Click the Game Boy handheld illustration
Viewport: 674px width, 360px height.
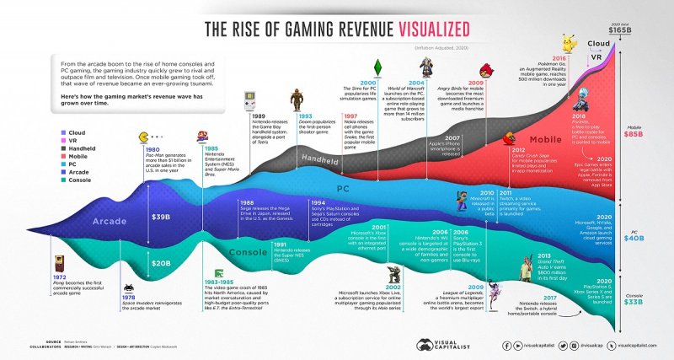[x=250, y=103]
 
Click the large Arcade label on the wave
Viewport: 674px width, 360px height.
[x=89, y=222]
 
